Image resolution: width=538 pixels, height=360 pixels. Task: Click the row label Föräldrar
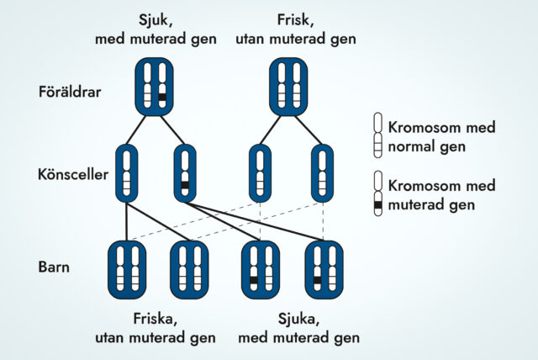[x=70, y=92]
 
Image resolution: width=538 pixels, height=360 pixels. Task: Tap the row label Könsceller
[x=71, y=175]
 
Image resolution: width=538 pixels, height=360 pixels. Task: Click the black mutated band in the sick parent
[x=162, y=98]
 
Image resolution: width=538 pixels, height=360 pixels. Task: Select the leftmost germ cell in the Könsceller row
[x=126, y=173]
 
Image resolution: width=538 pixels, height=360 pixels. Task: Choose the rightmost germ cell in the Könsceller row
[x=322, y=173]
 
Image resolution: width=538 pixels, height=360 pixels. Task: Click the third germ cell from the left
[x=261, y=173]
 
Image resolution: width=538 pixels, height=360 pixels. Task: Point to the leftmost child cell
[x=127, y=269]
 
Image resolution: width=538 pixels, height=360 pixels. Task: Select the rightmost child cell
[x=324, y=269]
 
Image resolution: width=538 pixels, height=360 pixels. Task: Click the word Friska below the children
[x=155, y=319]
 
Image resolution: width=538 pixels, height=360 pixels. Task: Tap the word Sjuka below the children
[x=298, y=319]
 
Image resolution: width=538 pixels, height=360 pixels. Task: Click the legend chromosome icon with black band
[x=378, y=195]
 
